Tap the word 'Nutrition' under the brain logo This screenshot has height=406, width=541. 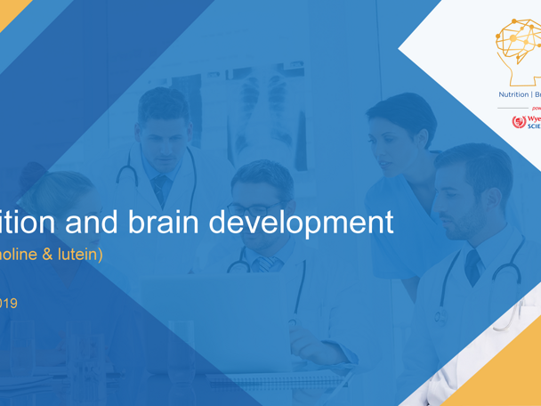[x=513, y=94]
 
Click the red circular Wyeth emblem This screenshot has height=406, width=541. [x=519, y=122]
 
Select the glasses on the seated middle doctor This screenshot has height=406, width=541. [x=255, y=208]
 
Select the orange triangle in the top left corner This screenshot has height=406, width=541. [x=11, y=11]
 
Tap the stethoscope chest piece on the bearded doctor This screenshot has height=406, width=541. [x=440, y=316]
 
